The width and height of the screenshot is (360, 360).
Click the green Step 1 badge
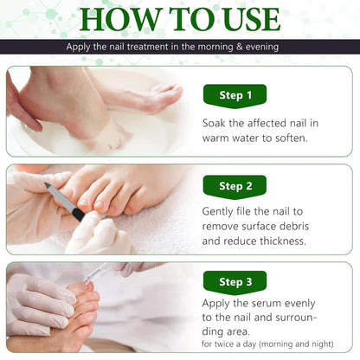coord(234,95)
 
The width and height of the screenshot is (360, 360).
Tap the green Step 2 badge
coord(234,186)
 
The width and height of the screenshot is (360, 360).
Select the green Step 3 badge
coord(234,282)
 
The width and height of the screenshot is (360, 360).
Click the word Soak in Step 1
coord(217,123)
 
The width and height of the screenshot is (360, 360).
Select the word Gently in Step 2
coord(222,210)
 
